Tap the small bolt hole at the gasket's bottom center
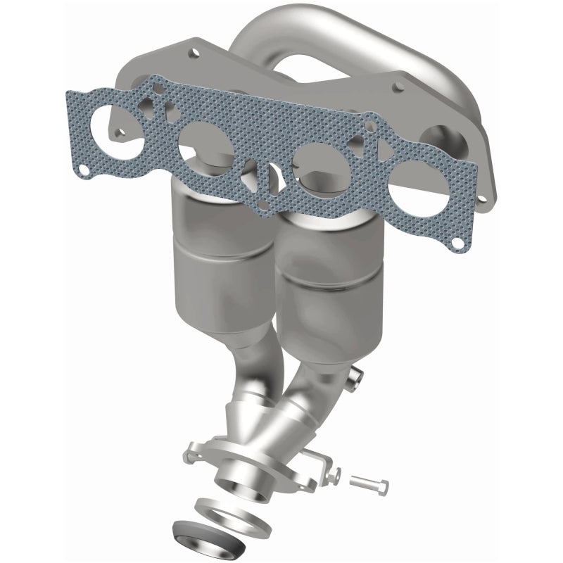point(261,205)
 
